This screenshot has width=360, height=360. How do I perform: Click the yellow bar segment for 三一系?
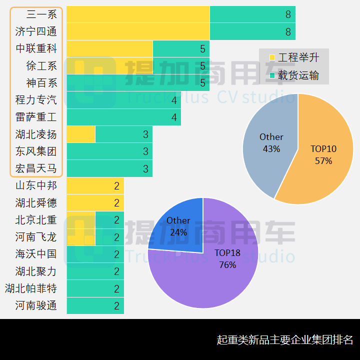138,14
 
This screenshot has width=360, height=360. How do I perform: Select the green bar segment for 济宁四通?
252,31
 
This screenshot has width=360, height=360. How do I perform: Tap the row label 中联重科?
36,48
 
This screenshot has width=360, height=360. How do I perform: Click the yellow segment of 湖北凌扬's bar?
80,134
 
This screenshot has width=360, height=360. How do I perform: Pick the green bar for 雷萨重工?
123,117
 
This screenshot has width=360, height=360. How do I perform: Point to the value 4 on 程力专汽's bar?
174,100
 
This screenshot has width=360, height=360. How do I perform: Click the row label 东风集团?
36,151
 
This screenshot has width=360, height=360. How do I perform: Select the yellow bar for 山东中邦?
95,186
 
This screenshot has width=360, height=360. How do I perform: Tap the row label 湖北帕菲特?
31,288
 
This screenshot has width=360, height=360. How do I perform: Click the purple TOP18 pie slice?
210,275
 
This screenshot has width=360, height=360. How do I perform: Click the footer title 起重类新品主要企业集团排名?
285,340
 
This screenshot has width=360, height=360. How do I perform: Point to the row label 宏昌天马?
36,168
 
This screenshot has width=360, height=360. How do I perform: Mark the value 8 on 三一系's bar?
288,14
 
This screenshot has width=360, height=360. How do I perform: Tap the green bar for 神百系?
137,82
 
